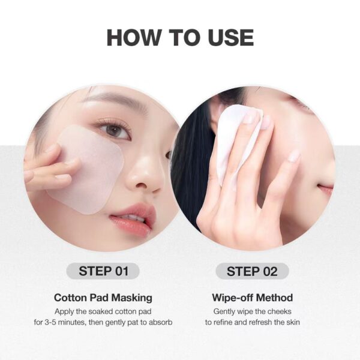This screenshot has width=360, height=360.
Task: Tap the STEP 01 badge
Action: [x=103, y=271]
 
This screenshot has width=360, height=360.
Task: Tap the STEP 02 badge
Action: [x=252, y=271]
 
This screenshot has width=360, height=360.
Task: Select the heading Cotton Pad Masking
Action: [x=103, y=298]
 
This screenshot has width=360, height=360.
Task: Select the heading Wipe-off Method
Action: [x=253, y=298]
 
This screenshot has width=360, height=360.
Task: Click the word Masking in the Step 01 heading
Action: [x=132, y=298]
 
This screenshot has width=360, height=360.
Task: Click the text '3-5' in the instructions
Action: [x=50, y=322]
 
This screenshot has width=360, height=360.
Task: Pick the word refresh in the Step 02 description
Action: [x=260, y=322]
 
